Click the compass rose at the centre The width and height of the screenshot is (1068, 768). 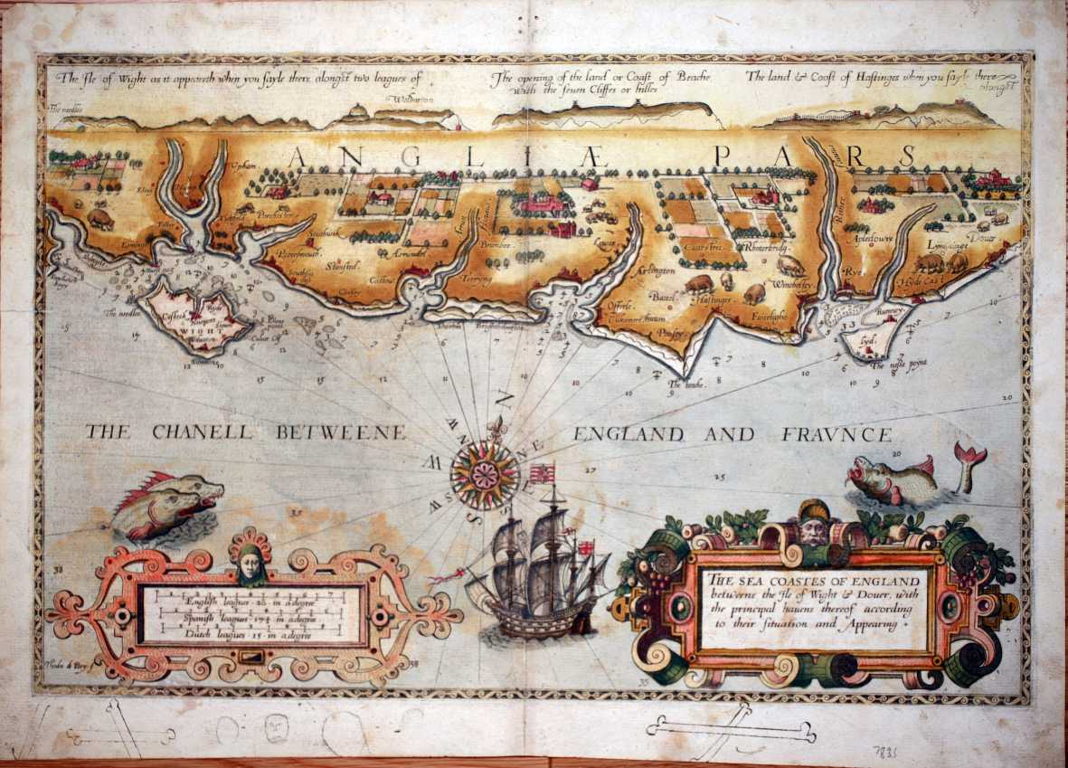point(485,472)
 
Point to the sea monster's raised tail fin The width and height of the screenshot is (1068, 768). point(969,454)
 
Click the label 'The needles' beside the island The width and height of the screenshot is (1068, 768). point(122,314)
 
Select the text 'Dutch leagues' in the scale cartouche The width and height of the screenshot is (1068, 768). point(209,631)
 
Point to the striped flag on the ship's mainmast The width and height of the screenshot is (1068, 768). point(543,474)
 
